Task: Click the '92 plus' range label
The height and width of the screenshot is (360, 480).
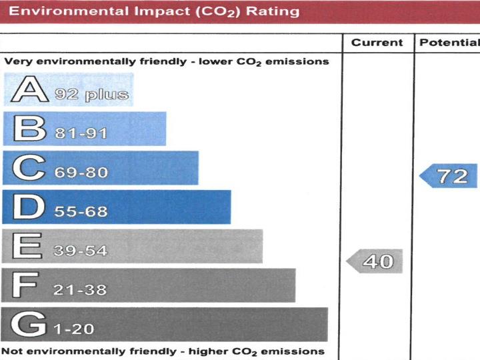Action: click(92, 94)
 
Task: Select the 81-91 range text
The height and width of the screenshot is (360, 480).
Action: click(81, 133)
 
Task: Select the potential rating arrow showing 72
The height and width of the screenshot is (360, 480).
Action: click(449, 176)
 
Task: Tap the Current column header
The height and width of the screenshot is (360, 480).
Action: click(377, 43)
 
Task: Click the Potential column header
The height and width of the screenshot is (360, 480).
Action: click(449, 43)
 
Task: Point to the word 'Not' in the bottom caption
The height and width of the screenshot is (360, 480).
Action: click(11, 351)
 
